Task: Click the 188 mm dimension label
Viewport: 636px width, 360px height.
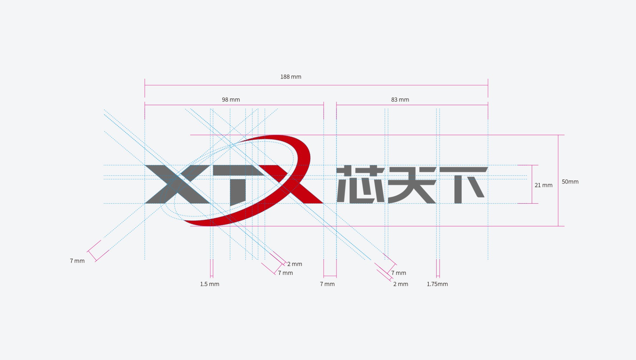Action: pos(291,77)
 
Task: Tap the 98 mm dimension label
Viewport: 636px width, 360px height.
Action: pos(231,100)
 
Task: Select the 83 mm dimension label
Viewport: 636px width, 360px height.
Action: pos(400,100)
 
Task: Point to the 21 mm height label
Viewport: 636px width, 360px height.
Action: pos(544,185)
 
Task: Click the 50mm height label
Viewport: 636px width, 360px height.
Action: pos(570,181)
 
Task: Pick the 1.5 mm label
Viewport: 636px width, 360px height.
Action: pos(210,284)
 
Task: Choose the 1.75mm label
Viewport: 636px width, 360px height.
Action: pos(437,284)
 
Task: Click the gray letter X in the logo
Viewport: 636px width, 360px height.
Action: pos(178,184)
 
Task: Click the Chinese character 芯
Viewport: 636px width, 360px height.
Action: pos(361,184)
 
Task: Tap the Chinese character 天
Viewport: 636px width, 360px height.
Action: pos(412,185)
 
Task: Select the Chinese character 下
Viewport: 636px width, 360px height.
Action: pos(463,185)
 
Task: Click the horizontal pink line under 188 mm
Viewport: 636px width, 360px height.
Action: pos(316,85)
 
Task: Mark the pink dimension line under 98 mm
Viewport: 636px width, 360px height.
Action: pos(234,105)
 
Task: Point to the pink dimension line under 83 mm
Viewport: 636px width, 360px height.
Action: pos(412,105)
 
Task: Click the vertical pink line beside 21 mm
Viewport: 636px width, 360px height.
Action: pos(532,184)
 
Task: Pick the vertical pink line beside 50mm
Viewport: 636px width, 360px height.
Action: pos(558,180)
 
